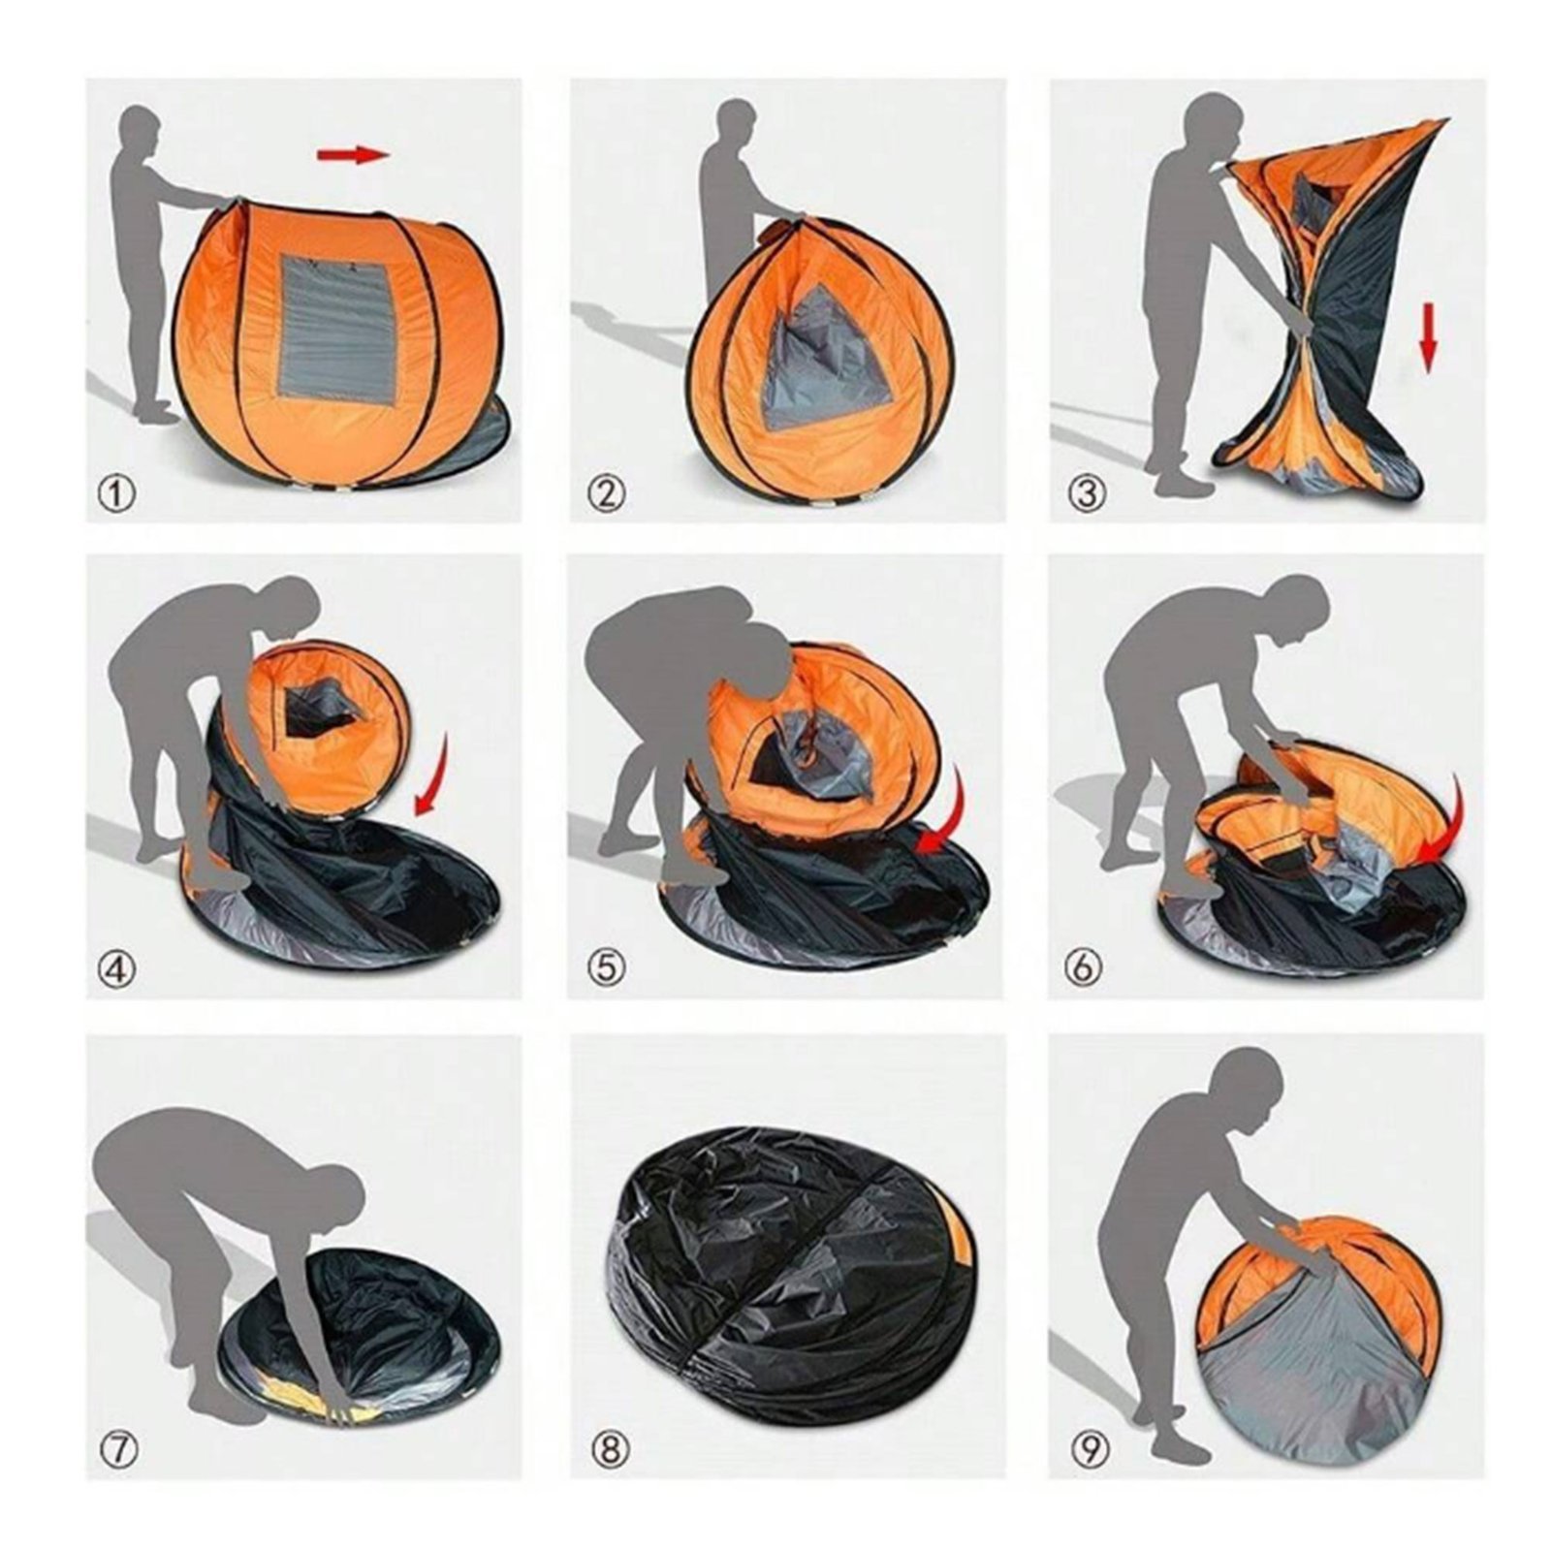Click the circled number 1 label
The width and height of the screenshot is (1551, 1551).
[x=117, y=495]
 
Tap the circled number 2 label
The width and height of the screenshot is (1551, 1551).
[x=607, y=495]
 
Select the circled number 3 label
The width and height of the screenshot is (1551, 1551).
[x=1087, y=493]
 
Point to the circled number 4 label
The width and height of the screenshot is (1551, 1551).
[x=118, y=968]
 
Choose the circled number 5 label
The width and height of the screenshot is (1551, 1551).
[x=606, y=966]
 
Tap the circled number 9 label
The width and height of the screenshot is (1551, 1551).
[x=1087, y=1450]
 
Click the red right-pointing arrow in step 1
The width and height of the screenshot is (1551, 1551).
[x=352, y=154]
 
